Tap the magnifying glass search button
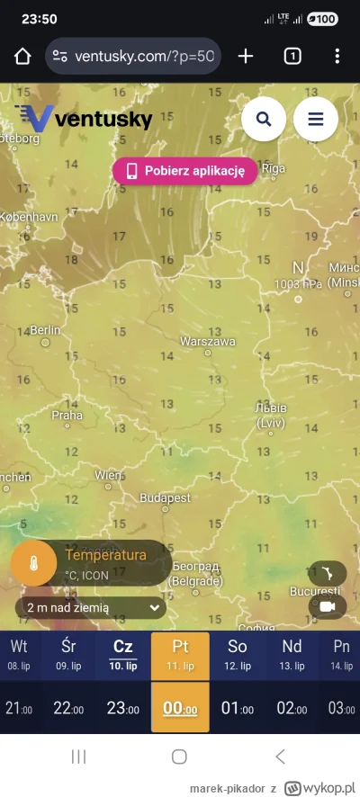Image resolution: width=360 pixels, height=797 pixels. (x=264, y=119)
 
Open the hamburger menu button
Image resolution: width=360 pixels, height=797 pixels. (x=315, y=119)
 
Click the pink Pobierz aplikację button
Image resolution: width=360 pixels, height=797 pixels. (x=184, y=171)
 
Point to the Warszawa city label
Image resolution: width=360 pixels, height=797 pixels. (x=208, y=342)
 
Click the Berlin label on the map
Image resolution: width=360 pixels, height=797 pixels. (x=44, y=330)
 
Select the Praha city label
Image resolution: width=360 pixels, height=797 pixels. (x=67, y=415)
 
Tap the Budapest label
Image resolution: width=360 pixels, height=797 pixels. (x=166, y=497)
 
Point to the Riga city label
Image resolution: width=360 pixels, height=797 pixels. (x=272, y=167)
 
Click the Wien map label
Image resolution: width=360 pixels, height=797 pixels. (x=109, y=474)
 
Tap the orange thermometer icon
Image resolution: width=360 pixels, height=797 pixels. (x=32, y=563)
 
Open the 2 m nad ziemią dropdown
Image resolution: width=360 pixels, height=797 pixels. (x=91, y=608)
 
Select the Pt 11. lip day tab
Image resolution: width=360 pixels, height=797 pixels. (x=180, y=656)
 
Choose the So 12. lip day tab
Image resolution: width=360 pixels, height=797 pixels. (x=238, y=656)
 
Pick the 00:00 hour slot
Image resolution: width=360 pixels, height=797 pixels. (x=180, y=708)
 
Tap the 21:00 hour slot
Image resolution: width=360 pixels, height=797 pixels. (x=19, y=708)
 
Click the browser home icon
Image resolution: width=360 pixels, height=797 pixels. (x=22, y=57)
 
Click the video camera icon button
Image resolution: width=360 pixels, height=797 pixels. (x=327, y=607)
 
